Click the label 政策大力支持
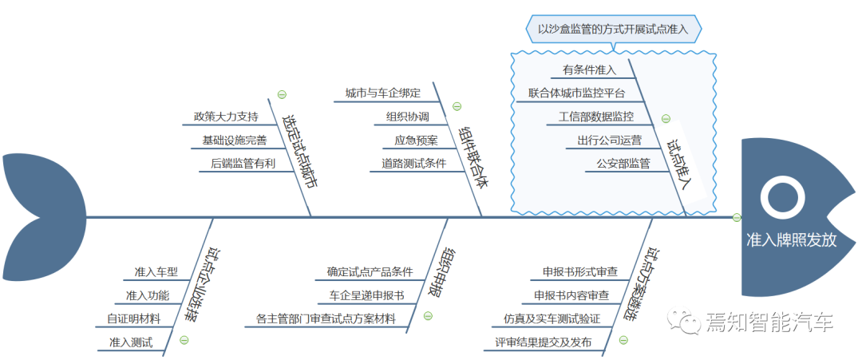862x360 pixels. click(225, 117)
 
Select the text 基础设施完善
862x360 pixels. click(234, 140)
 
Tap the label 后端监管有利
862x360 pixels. click(243, 164)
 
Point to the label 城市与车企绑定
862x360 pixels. click(382, 93)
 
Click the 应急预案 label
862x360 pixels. click(416, 140)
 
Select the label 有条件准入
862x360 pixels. click(590, 69)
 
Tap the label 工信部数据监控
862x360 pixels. click(595, 117)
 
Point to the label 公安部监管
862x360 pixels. click(623, 164)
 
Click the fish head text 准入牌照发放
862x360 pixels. click(791, 239)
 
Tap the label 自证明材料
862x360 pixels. click(133, 318)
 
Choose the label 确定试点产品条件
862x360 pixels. click(370, 271)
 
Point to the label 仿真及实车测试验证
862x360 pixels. click(546, 318)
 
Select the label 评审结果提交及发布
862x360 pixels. click(538, 342)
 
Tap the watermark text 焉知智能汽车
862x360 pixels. click(769, 322)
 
